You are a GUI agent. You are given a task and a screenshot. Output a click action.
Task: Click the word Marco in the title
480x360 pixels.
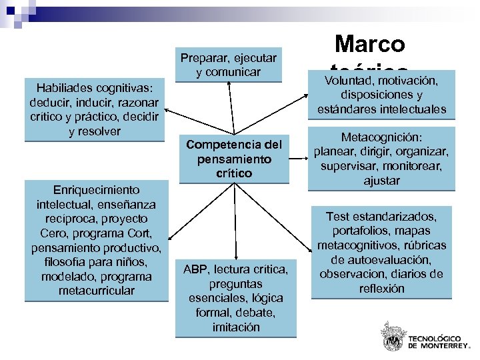pyautogui.click(x=370, y=44)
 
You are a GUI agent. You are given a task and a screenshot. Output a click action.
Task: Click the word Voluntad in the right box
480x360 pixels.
pyautogui.click(x=349, y=81)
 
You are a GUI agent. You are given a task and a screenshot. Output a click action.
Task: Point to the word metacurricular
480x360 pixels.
pyautogui.click(x=96, y=291)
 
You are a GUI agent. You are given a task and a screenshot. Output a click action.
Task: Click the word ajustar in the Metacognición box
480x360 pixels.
pyautogui.click(x=381, y=181)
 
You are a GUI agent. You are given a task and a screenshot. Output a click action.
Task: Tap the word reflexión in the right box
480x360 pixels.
pyautogui.click(x=381, y=289)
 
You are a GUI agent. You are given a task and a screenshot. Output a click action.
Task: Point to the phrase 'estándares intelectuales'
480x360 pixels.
pyautogui.click(x=381, y=109)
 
